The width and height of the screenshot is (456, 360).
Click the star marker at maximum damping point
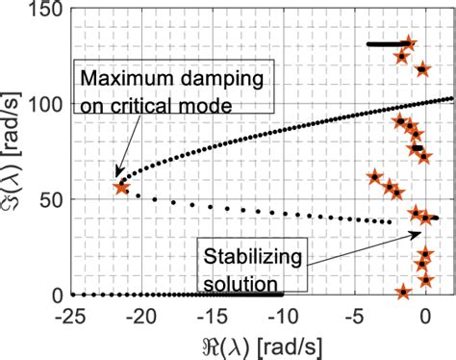coord(121,188)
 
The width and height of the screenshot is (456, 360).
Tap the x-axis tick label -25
coord(69,315)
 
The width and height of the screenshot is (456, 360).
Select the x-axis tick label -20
coord(140,315)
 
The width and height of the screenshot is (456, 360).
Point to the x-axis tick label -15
coord(212,315)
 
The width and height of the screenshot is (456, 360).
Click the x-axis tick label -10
coord(282,315)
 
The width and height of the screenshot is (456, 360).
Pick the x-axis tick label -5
coord(353,315)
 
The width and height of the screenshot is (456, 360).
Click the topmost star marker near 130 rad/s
coord(409,43)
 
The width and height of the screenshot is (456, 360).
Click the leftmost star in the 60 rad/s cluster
coord(376,177)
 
